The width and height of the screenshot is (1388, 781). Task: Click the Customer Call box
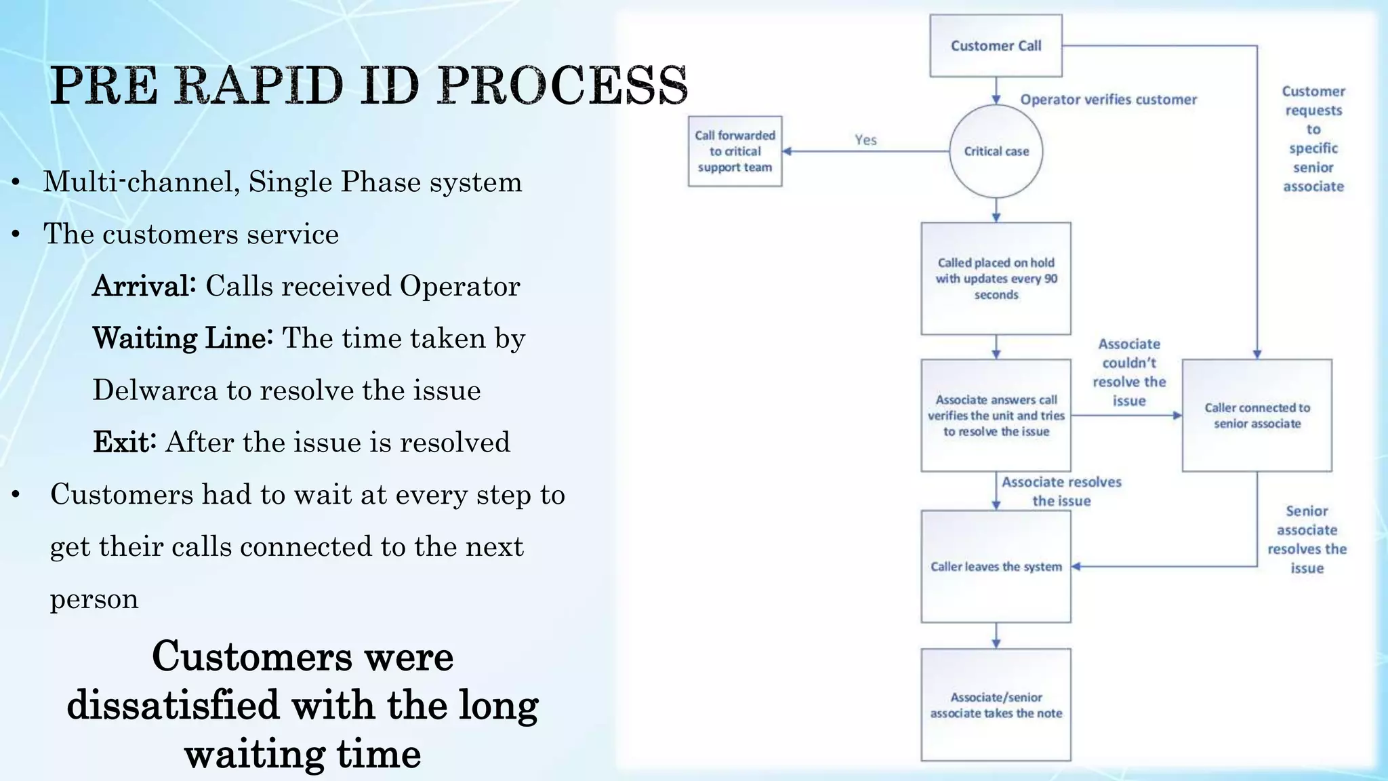(996, 45)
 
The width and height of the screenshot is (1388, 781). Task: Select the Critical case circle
(996, 151)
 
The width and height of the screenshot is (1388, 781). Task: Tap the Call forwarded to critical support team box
(735, 151)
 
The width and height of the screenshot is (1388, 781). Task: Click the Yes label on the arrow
(865, 140)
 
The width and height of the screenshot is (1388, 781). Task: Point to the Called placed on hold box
(996, 278)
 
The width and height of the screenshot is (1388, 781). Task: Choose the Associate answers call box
(996, 415)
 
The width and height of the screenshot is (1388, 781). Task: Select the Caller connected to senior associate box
(1257, 415)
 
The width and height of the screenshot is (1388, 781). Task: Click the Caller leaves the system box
(996, 566)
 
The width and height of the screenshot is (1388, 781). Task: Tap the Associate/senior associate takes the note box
(996, 704)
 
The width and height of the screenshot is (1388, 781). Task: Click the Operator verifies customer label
(1108, 100)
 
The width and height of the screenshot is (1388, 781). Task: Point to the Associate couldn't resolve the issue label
(1129, 372)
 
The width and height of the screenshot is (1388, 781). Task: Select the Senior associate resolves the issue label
(1307, 539)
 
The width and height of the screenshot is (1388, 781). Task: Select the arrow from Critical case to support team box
(865, 151)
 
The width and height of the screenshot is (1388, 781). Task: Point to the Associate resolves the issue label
(1061, 491)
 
